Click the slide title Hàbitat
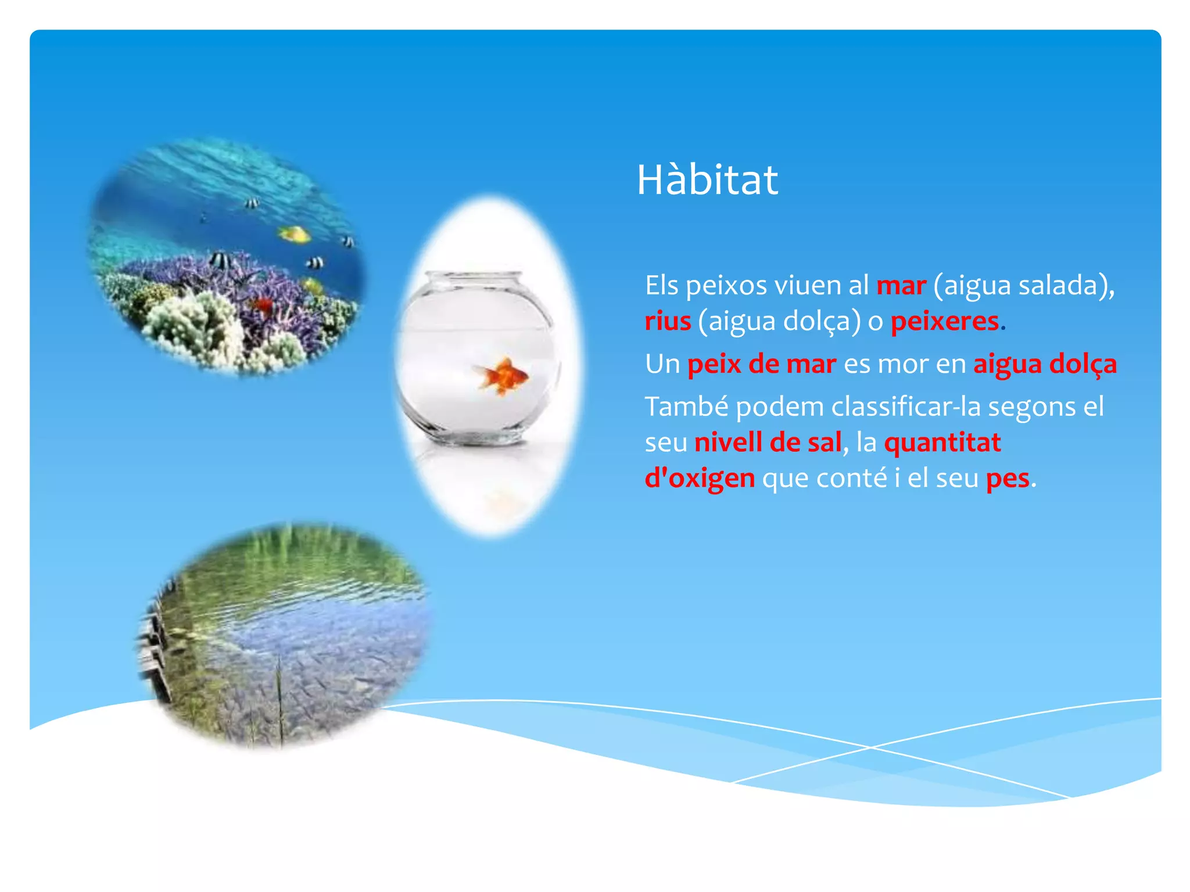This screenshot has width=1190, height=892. click(x=707, y=180)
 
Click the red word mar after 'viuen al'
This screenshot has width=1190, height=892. click(x=901, y=286)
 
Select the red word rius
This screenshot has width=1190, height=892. click(x=668, y=321)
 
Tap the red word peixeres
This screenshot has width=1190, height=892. click(x=944, y=321)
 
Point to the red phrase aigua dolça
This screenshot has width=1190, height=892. click(x=1045, y=365)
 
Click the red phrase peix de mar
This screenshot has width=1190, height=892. click(x=761, y=365)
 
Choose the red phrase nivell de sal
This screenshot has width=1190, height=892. click(x=768, y=443)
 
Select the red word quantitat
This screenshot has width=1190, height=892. click(x=942, y=443)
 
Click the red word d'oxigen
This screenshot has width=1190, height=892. click(x=700, y=479)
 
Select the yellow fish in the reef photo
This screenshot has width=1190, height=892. click(x=295, y=234)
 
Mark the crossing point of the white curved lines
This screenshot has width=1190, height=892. click(x=870, y=747)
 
